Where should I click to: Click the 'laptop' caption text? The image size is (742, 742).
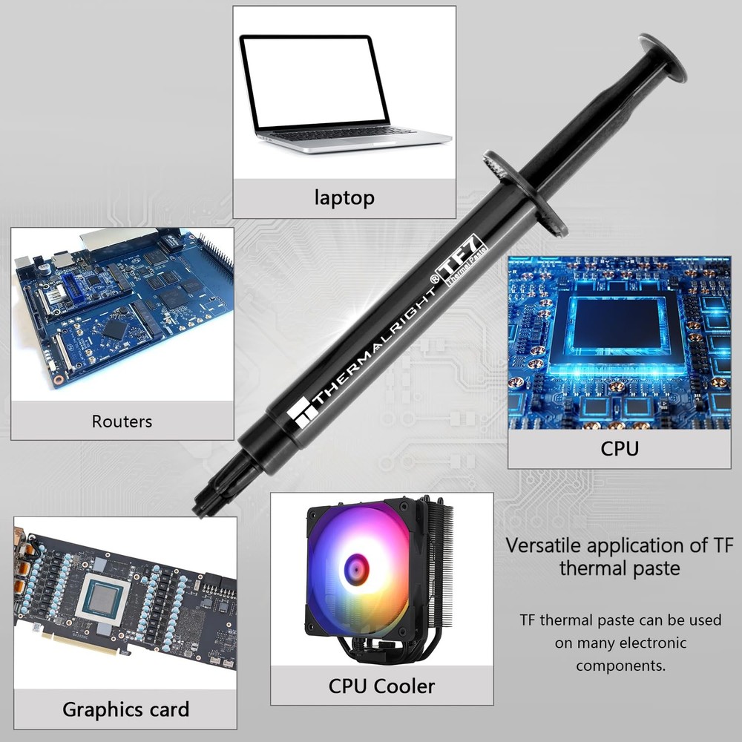[344, 197]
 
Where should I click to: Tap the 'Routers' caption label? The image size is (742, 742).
[122, 421]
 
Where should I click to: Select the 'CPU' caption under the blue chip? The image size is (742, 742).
[619, 448]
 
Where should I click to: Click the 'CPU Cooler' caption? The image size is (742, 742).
[381, 686]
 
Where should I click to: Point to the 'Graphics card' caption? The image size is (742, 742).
[125, 709]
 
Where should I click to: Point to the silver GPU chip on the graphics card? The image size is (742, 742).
[101, 598]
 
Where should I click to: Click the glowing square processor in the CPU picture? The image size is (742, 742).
[618, 324]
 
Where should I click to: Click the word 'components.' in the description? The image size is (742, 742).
[621, 665]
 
